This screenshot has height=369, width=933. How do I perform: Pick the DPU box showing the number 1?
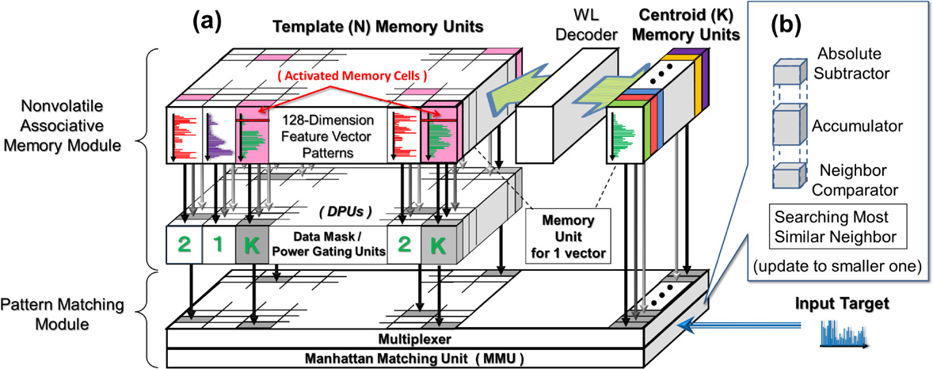pyautogui.click(x=219, y=244)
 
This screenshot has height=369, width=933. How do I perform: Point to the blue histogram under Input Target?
pyautogui.click(x=842, y=335)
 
